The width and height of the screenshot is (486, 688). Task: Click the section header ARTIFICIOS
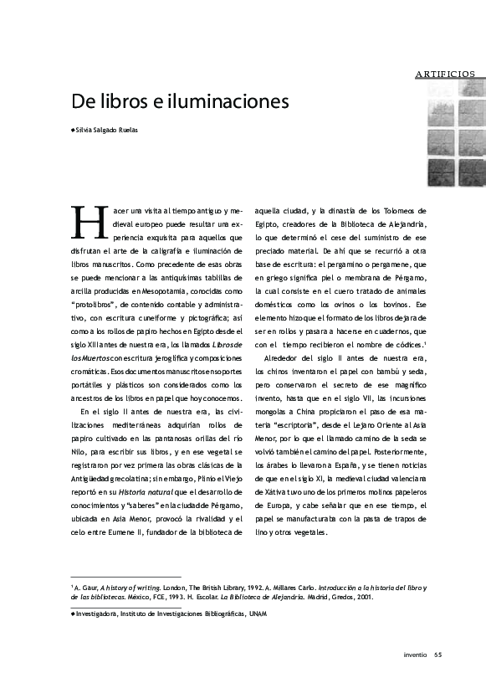pos(445,74)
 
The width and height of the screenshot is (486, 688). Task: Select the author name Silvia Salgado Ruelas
pos(106,131)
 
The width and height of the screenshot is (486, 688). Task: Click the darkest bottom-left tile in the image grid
pos(441,172)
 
